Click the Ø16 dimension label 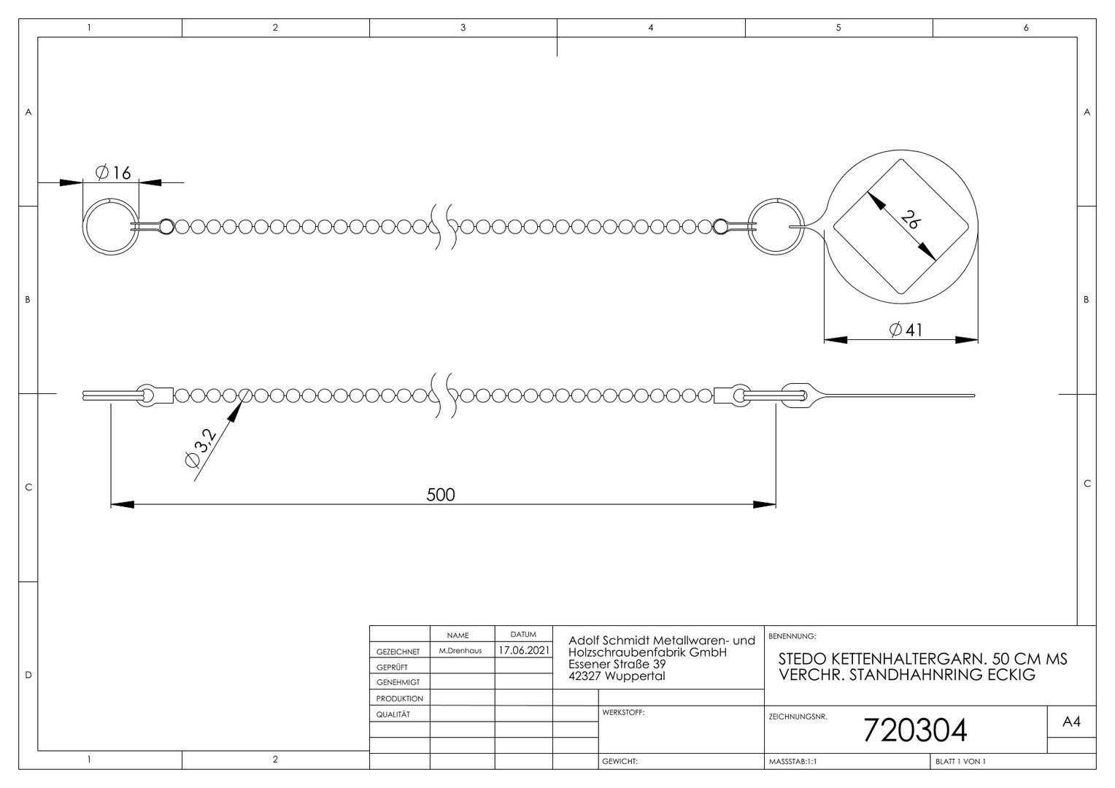click(113, 173)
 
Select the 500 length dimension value click(441, 494)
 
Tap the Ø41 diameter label click(906, 330)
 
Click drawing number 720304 click(915, 730)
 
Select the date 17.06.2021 click(524, 650)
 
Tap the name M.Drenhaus click(460, 651)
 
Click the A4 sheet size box click(1071, 722)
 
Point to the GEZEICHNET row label click(398, 652)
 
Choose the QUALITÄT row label click(393, 714)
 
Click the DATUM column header click(523, 635)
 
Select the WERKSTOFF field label click(623, 713)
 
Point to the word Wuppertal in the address click(635, 676)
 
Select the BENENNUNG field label click(792, 636)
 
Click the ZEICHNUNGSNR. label click(798, 716)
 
